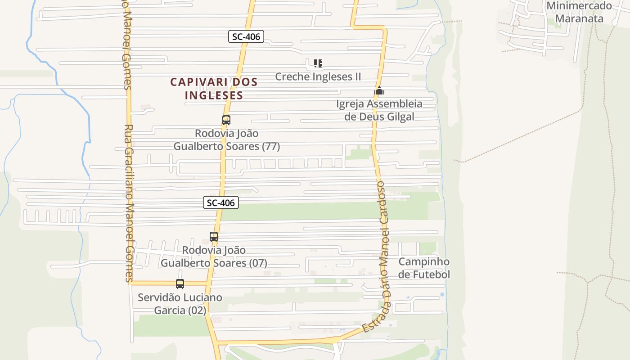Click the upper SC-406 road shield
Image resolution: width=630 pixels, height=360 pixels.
coord(246,36)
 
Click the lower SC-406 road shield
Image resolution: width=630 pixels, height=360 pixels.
coord(220,202)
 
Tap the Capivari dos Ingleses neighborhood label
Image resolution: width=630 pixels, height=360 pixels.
coord(214,89)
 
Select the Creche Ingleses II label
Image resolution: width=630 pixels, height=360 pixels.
coord(318,76)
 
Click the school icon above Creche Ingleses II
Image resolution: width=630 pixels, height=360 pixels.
coord(318,63)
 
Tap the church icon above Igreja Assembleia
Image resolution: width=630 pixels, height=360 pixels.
coord(379,91)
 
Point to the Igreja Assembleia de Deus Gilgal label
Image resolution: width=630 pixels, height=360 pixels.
coord(379,110)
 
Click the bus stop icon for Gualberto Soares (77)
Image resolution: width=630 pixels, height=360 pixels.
coord(226,120)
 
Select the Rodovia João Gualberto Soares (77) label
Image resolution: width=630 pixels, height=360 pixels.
coord(227,140)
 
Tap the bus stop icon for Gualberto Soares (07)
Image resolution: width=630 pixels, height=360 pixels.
coord(214,237)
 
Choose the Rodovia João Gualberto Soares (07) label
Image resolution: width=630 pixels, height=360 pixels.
coord(214,256)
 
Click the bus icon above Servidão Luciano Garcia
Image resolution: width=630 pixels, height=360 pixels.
coord(180,284)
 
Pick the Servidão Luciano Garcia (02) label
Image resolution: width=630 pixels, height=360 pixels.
coord(180,304)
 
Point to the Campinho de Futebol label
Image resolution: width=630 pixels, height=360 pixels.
coord(424,268)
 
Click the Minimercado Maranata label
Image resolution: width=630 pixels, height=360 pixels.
coord(579,12)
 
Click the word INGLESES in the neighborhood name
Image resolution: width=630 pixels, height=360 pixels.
coord(214,95)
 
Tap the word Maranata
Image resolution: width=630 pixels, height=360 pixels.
coord(579,19)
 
